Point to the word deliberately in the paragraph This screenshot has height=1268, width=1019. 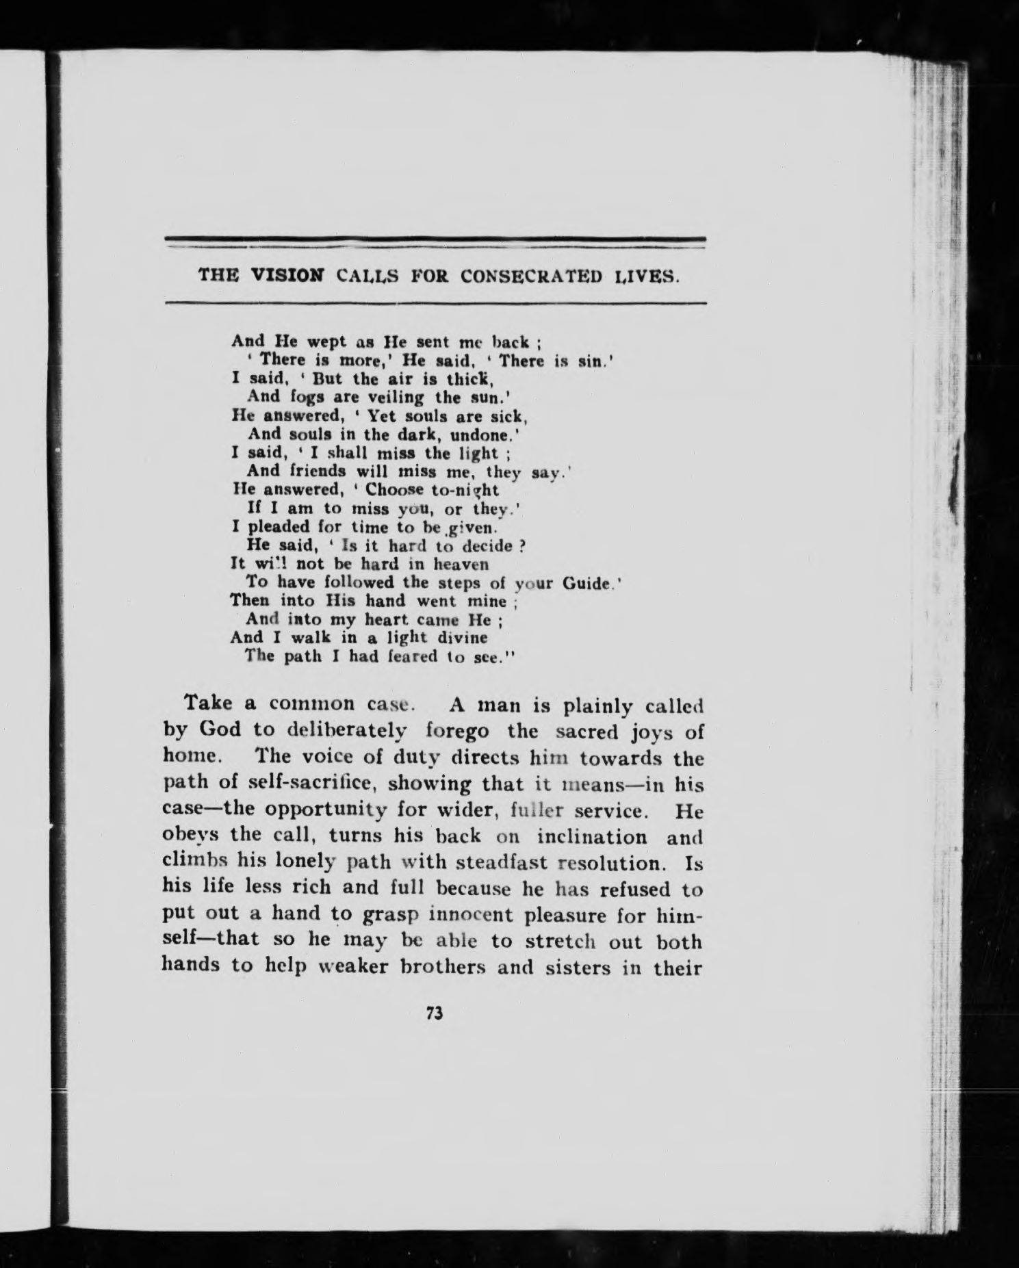348,731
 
